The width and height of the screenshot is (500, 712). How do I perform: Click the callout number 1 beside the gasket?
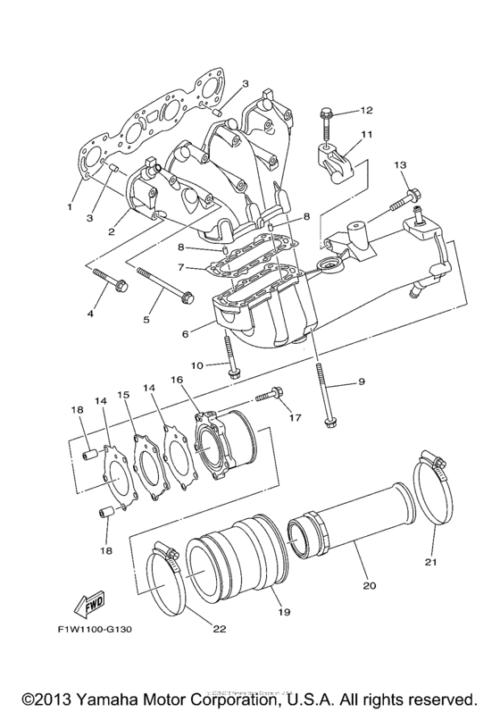click(x=68, y=207)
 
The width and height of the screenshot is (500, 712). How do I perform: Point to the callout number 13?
click(x=400, y=165)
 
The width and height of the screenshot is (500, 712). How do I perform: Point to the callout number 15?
click(x=123, y=393)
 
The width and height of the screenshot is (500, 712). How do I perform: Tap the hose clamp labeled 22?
click(x=165, y=581)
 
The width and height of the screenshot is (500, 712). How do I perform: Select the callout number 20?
click(x=368, y=586)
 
